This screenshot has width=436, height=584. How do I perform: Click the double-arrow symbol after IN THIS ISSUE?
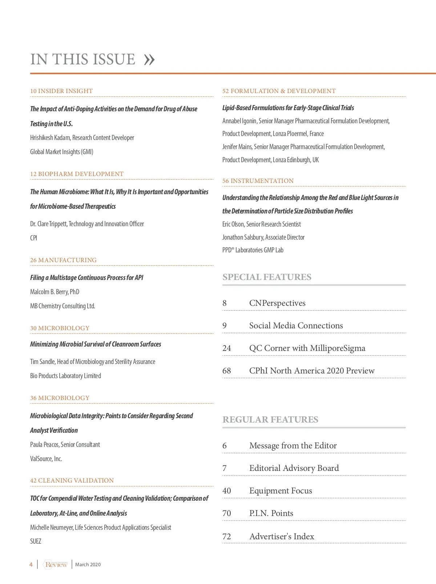149,60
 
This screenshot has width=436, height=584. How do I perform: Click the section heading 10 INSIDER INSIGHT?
61,91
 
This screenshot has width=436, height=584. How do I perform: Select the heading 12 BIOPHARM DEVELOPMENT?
77,174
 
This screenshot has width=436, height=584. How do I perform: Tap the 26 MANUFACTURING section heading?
63,260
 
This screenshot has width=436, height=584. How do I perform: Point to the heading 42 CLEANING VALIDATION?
72,480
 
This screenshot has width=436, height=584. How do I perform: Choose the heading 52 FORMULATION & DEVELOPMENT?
279,91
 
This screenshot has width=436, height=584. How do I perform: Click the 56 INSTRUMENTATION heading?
258,181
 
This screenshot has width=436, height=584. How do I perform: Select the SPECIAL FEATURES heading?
267,277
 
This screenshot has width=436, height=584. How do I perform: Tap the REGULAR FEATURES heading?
270,420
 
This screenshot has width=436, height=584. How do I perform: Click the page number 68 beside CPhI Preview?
227,371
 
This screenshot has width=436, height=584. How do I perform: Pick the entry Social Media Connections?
296,325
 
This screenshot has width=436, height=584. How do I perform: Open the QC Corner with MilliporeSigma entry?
307,348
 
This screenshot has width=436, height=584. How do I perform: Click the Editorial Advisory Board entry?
294,468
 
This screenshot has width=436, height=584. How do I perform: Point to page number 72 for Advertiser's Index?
227,536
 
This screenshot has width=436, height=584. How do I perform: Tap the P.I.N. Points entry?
271,513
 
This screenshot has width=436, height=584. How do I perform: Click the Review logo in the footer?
56,564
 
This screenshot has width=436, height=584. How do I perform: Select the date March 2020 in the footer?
88,564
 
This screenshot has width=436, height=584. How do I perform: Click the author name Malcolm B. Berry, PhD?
54,292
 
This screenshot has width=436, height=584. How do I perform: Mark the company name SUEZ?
36,541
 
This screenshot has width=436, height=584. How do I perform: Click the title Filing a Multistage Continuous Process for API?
86,277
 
